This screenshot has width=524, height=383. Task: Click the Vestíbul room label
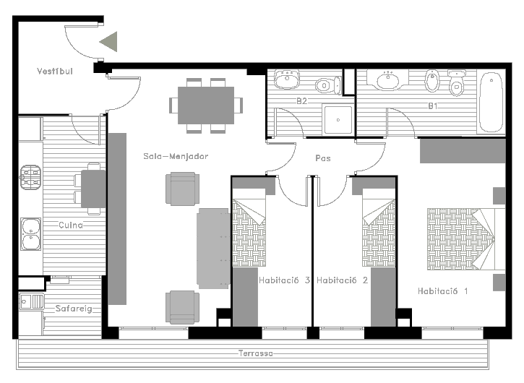pos(55,72)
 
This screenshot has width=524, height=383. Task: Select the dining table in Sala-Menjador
pos(206,106)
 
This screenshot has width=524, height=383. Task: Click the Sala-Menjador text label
pos(176,156)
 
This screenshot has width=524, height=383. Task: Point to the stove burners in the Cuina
pos(30,177)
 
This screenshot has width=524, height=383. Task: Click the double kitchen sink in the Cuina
pos(31,234)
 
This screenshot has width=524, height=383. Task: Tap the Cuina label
pos(71,225)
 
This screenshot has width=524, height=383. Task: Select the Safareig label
pos(74,309)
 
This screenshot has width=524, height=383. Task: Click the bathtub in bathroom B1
pos(491,102)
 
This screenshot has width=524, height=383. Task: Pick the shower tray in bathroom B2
pos(338,120)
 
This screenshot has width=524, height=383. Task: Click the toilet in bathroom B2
pos(328,85)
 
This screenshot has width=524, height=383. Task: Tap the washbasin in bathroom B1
pos(387,80)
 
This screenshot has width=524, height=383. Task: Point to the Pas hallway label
pos(323,158)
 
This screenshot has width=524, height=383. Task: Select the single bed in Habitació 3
pos(249,228)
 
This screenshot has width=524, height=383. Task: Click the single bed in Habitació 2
pos(379,228)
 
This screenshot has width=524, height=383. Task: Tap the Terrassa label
pos(256,353)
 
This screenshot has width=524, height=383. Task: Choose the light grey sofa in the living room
pos(213,249)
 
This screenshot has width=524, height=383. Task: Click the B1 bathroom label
pos(433,106)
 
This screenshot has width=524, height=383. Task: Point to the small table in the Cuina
pos(93,189)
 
